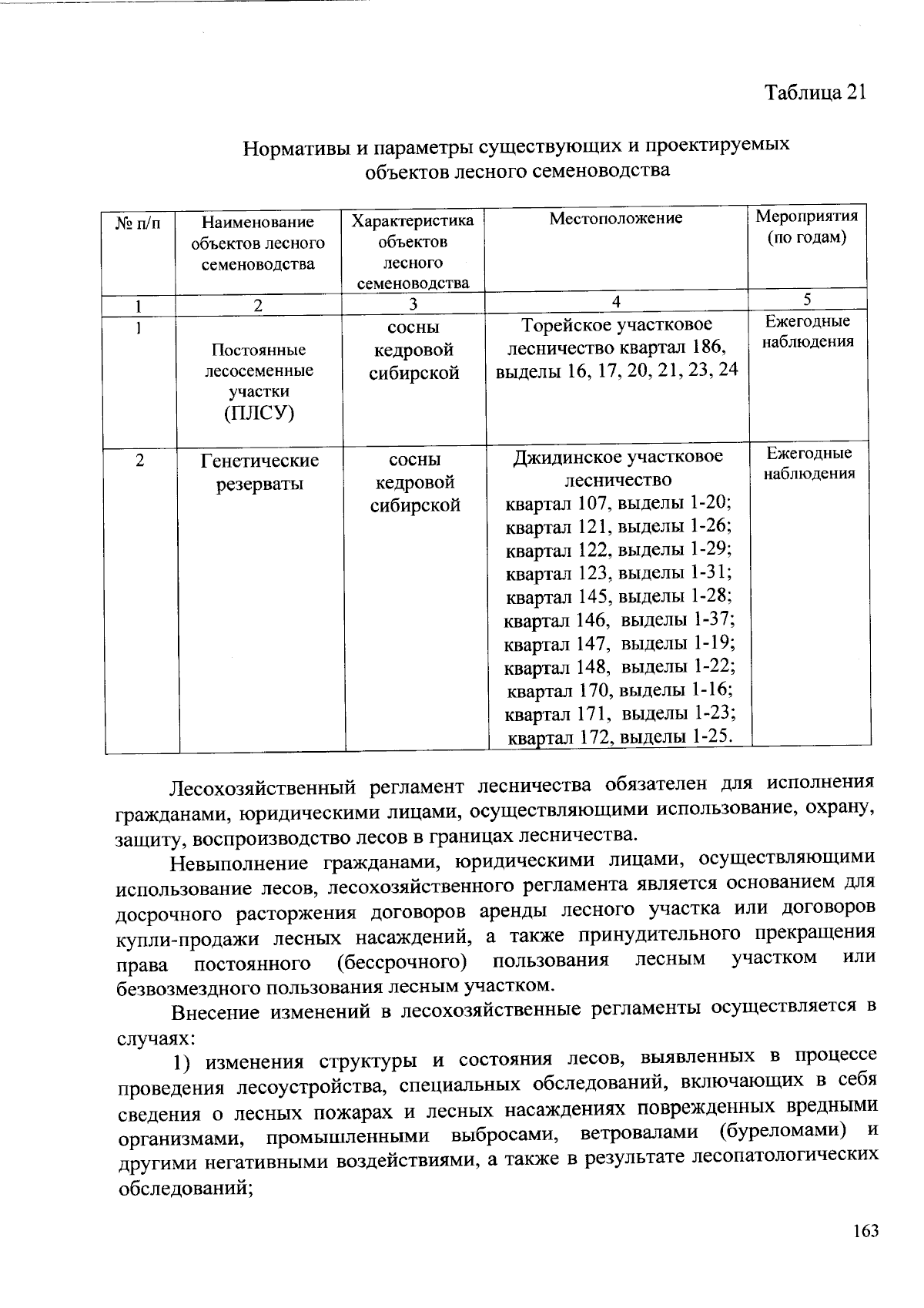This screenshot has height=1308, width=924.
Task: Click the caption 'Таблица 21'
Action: [x=815, y=92]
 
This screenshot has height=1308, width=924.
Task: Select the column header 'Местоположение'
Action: [x=616, y=219]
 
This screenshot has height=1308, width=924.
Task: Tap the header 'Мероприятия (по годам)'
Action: [x=806, y=226]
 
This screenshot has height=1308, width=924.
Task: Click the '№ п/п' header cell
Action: [x=139, y=223]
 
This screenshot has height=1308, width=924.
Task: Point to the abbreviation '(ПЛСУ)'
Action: [x=259, y=413]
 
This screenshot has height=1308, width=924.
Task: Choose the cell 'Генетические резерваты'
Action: [x=259, y=472]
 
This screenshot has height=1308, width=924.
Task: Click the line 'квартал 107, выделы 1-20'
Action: [x=618, y=504]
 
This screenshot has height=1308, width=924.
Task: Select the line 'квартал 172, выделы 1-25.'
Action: [x=618, y=737]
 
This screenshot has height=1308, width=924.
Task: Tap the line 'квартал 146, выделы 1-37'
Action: [x=618, y=620]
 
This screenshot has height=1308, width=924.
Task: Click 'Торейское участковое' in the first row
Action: [x=617, y=325]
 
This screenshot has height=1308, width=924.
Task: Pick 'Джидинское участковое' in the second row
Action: [x=618, y=458]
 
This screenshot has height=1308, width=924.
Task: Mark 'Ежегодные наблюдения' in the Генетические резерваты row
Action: [x=809, y=463]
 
